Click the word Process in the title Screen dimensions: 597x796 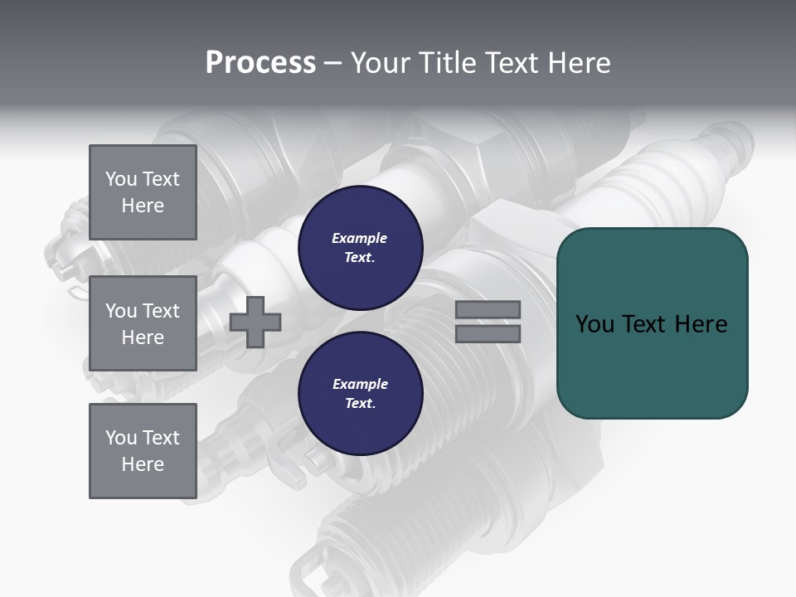click(x=260, y=63)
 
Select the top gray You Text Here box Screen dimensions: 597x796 click(x=143, y=192)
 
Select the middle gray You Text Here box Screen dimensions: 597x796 click(x=143, y=323)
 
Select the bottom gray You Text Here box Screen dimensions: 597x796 click(x=143, y=451)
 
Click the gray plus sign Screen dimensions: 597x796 click(x=255, y=322)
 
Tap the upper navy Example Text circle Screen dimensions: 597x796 click(x=360, y=248)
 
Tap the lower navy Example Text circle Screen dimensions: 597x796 click(x=360, y=394)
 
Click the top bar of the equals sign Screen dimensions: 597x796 click(x=488, y=310)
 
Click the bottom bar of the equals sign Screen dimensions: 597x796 click(x=488, y=333)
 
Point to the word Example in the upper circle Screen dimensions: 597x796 click(x=360, y=238)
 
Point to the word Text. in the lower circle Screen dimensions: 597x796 click(x=360, y=404)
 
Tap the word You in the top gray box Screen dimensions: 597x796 click(x=121, y=179)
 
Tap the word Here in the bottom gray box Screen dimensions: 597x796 click(x=143, y=464)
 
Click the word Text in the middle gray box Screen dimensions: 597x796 click(x=162, y=311)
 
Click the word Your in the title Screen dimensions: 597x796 click(x=382, y=63)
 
